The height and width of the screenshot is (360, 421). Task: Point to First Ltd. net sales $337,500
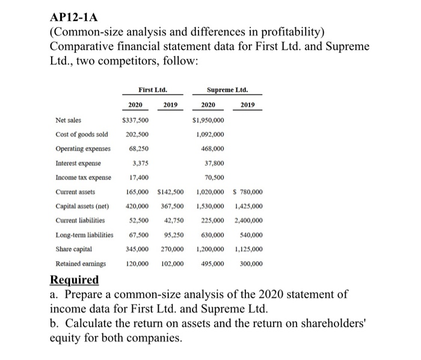click(x=136, y=120)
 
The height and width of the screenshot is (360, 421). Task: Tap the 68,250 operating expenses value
click(x=138, y=149)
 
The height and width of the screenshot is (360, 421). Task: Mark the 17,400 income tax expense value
click(x=138, y=178)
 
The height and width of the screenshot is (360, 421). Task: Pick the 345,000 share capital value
click(x=138, y=249)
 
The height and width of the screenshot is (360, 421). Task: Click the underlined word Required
click(x=74, y=281)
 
